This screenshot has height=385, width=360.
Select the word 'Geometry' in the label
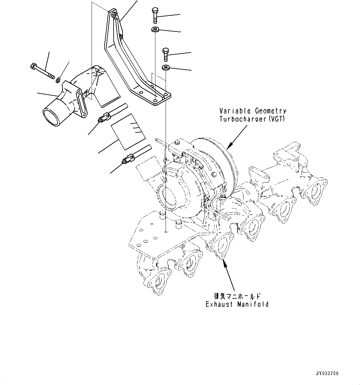coord(271,111)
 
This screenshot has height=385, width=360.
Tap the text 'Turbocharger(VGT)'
coord(253,119)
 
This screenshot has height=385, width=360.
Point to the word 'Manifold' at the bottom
coord(253,304)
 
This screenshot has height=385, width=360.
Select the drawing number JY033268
coord(327,373)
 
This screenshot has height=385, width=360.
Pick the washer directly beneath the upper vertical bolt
coord(155,30)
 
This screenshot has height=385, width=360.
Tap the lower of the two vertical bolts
coord(166,54)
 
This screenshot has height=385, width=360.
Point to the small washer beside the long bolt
coord(58,80)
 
